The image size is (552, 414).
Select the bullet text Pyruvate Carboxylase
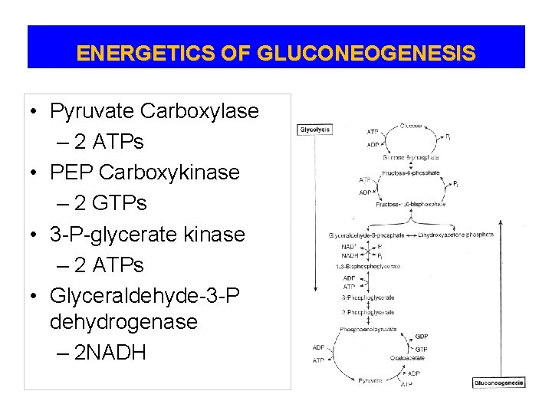154,112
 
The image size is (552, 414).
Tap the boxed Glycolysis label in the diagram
314,130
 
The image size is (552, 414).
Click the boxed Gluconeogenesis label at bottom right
499,381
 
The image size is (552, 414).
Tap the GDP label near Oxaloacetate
422,337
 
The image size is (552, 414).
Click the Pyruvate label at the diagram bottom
370,379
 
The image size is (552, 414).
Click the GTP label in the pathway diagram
422,349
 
